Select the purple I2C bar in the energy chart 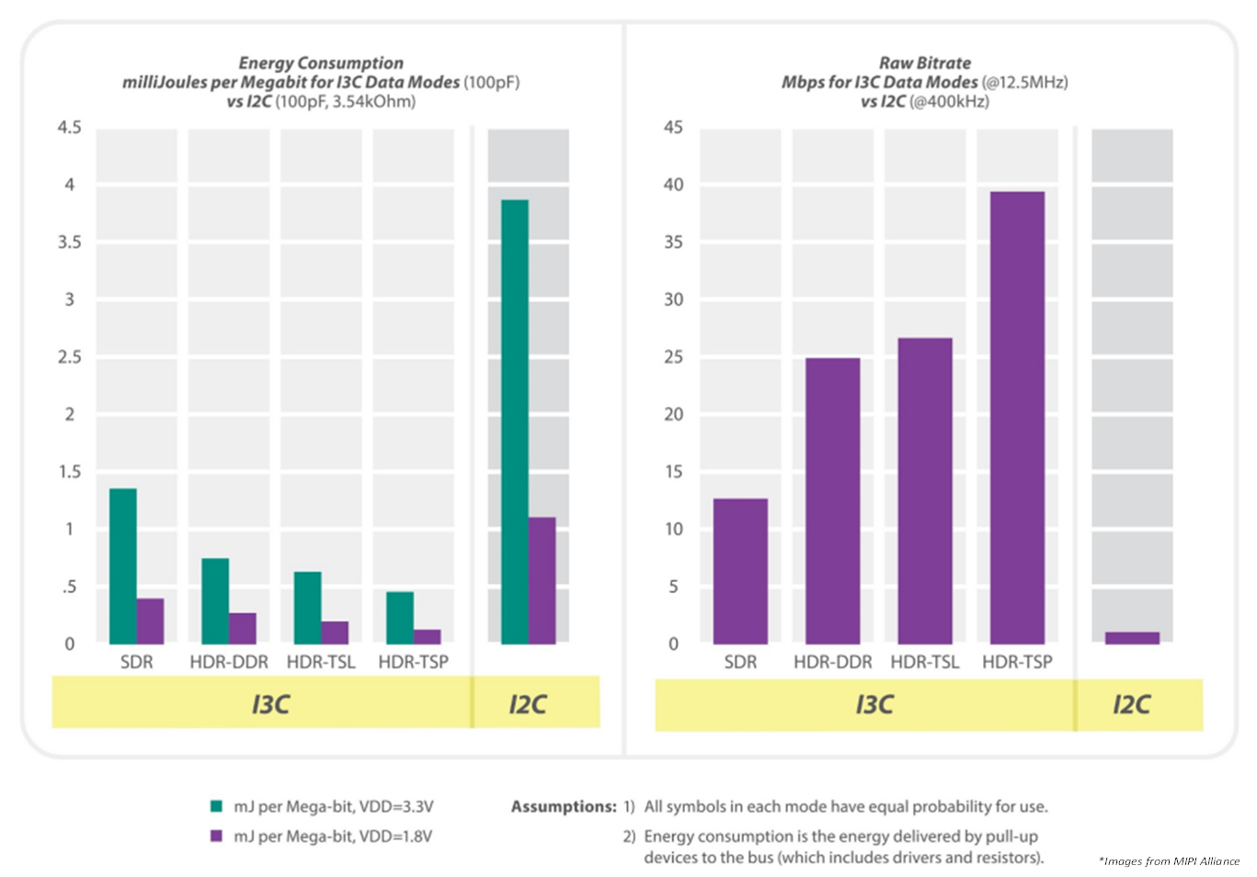coord(543,580)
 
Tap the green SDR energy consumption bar coord(123,565)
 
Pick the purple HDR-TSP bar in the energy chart coord(428,636)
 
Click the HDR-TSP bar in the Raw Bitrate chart coord(1017,417)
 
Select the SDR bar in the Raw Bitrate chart coord(740,571)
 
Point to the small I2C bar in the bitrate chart coord(1132,638)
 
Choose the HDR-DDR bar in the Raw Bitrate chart coord(832,500)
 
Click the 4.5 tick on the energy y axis coord(69,127)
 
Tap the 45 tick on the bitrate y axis coord(673,127)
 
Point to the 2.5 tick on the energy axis coord(69,357)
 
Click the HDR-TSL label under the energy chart coord(321,662)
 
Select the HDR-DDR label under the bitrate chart coord(832,662)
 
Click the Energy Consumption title coord(321,63)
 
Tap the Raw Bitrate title coord(924,63)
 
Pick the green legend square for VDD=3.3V coord(217,806)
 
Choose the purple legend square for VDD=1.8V coord(217,836)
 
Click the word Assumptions coord(564,806)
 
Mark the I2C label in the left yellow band coord(528,704)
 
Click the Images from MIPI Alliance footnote coord(1169,861)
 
